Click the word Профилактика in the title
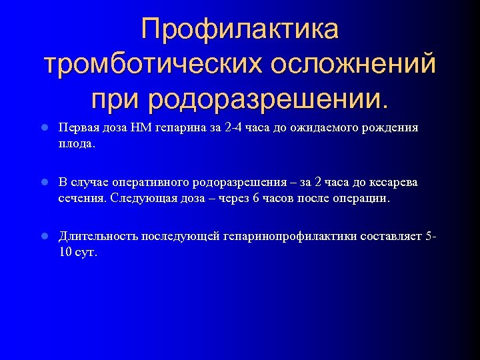[240, 29]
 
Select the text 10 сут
[77, 252]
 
